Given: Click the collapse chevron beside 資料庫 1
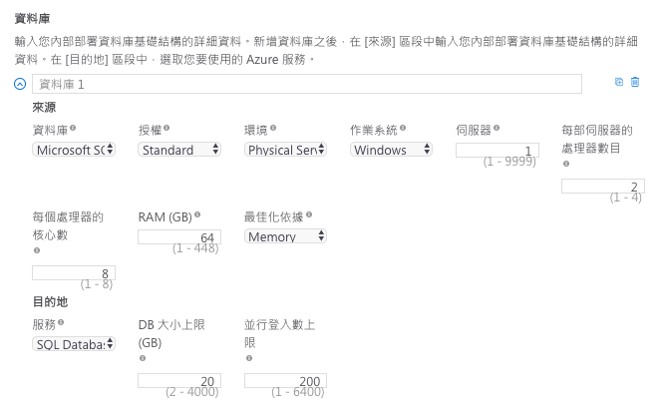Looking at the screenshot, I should click(20, 84).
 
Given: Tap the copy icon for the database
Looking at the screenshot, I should click(619, 82).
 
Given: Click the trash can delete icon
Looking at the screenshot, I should click(635, 82).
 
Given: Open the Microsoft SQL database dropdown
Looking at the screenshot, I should click(74, 150).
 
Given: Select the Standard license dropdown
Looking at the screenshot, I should click(179, 150).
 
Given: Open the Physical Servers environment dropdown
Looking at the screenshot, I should click(285, 150).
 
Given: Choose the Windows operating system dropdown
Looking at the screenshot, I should click(391, 150).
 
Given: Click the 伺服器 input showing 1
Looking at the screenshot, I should click(497, 150).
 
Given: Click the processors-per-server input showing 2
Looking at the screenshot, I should click(602, 187).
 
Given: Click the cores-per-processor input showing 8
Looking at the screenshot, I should click(74, 273).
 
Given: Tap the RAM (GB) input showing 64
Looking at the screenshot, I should click(179, 236).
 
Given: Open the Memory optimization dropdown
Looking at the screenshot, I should click(285, 236).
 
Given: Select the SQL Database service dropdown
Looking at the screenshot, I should click(74, 344).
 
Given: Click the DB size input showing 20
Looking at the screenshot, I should click(179, 381).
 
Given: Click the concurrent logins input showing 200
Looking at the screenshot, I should click(285, 381).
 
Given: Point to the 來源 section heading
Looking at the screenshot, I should click(44, 107).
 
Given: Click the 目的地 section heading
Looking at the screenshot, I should click(50, 301).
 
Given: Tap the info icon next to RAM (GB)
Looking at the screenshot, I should click(197, 214).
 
